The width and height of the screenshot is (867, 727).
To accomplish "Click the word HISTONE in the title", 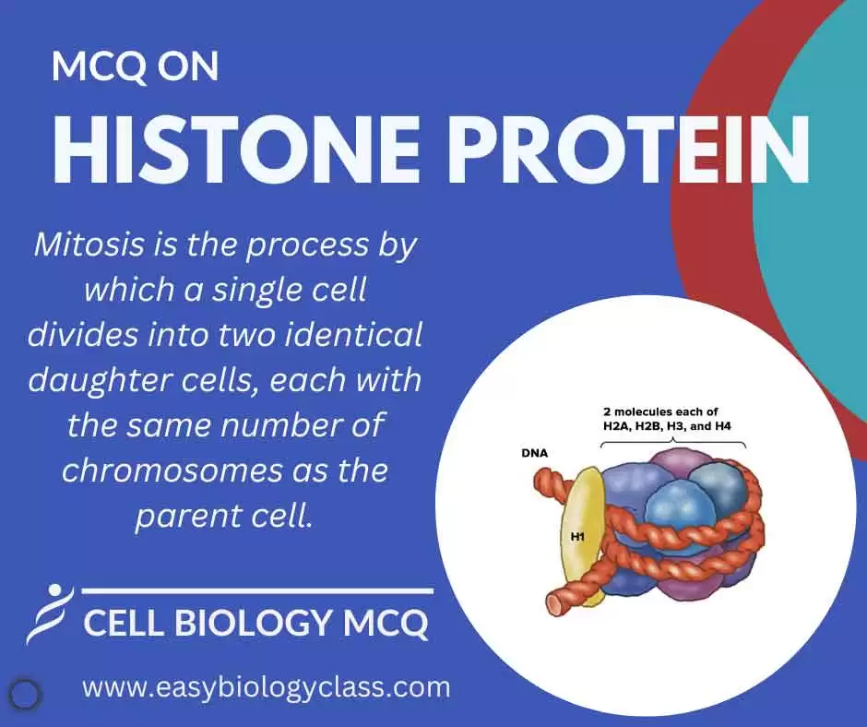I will [x=221, y=148].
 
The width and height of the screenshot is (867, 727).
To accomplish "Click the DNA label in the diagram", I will [x=534, y=455].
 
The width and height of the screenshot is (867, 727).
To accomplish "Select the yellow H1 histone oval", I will [x=583, y=554].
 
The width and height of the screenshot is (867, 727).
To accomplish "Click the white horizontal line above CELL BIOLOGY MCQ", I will [x=257, y=590].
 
